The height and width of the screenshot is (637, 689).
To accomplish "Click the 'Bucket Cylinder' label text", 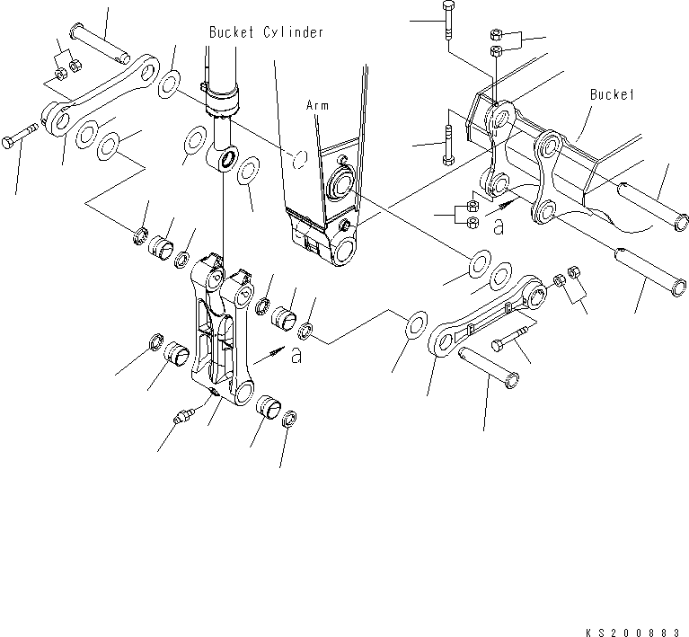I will point(266,31).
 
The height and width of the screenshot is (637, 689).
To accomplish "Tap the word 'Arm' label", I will point(316,105).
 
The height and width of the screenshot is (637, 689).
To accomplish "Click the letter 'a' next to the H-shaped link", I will point(296,357).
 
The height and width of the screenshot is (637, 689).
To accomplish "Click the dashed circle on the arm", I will point(300,161).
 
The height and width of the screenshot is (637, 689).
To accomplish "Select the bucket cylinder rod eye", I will point(224,162).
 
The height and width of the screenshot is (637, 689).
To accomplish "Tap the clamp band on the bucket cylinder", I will point(221,95).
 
